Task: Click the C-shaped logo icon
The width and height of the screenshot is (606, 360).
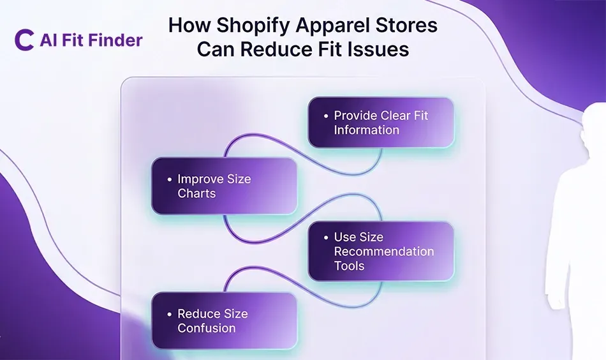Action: [x=24, y=40]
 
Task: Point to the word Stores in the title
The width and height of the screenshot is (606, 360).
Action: [x=406, y=26]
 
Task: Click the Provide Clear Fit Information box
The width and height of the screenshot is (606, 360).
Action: [x=381, y=123]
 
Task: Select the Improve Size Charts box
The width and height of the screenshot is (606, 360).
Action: [x=224, y=186]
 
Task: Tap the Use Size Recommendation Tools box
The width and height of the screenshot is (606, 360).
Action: [x=381, y=251]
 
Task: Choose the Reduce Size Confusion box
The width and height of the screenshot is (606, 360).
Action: [x=224, y=320]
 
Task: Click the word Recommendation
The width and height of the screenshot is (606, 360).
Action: [x=384, y=251]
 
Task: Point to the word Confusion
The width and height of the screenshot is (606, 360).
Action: [x=207, y=328]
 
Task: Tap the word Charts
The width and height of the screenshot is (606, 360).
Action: [x=196, y=193]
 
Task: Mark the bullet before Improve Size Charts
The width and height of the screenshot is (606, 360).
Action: [x=168, y=179]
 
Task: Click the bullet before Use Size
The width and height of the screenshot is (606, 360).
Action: [x=325, y=237]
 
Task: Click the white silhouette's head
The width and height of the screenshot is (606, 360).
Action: [x=596, y=121]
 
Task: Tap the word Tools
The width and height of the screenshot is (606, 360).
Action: [x=350, y=266]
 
